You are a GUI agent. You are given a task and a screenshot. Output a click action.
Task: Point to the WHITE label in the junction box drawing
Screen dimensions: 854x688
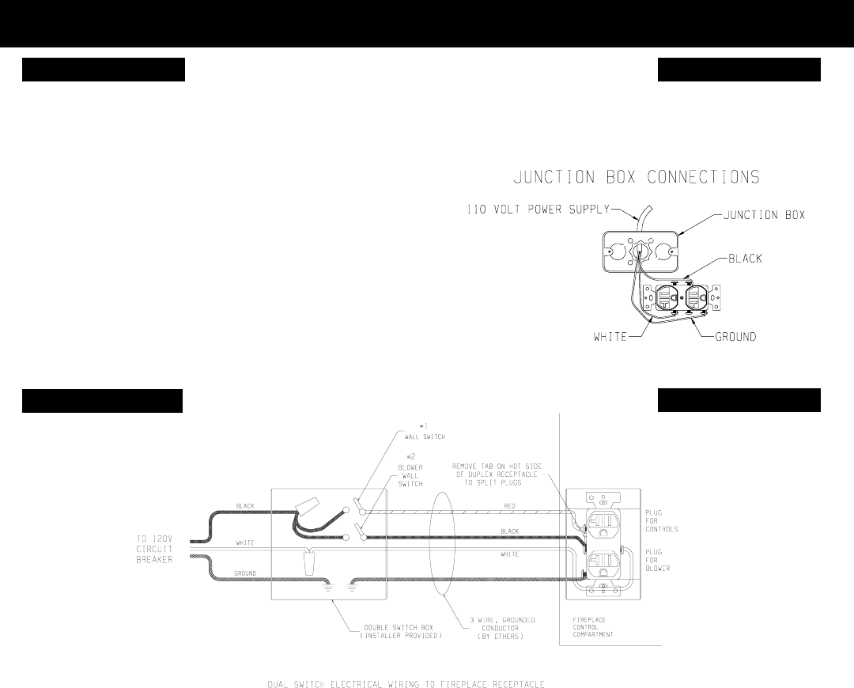point(610,337)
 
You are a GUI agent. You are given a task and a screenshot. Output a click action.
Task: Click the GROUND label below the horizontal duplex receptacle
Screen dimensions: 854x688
point(735,337)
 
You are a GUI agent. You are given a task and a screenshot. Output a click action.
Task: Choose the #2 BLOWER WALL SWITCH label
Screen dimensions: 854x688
point(411,473)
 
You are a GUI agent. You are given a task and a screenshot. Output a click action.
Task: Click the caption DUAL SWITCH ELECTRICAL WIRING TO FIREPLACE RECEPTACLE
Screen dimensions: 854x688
point(406,682)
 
